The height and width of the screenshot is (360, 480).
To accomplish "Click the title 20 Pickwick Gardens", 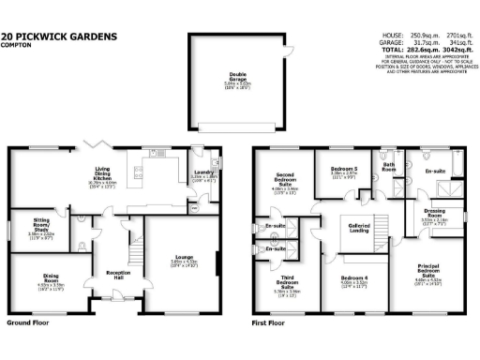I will [59, 37].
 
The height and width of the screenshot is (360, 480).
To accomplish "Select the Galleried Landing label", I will [359, 228].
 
